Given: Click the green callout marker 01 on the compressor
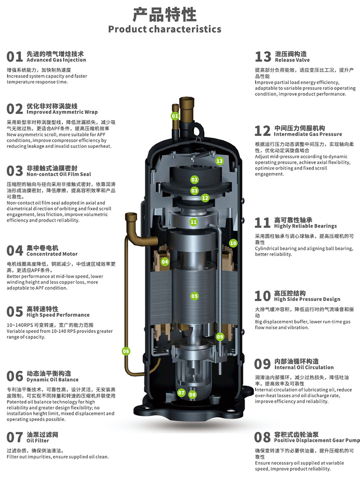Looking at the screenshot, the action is (x=175, y=116).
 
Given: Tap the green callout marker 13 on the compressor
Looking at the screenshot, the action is (x=219, y=161).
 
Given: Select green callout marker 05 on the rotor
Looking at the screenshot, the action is (x=194, y=296).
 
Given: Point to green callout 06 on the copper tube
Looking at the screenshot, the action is (x=126, y=351).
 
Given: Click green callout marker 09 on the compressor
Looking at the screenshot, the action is (x=220, y=337).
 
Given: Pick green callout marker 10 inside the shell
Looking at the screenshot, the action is (x=233, y=243).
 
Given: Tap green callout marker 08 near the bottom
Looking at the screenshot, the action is (x=192, y=395).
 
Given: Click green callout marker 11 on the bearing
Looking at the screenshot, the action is (x=193, y=222).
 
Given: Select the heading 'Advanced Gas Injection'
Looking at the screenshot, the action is (x=57, y=60).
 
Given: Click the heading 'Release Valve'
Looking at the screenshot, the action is (x=292, y=60).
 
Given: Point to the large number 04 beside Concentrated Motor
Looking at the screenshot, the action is (x=15, y=251).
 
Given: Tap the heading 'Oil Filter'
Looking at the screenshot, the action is (x=38, y=441).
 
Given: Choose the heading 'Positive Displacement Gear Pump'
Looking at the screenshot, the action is (x=317, y=441).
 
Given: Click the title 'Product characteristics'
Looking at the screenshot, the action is (x=165, y=29).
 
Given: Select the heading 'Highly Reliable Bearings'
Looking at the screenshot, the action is (x=305, y=226).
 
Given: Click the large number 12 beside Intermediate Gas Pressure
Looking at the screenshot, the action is (x=262, y=131).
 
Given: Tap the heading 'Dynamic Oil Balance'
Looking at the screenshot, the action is (x=52, y=380).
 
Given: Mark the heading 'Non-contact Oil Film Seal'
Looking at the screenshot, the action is (x=59, y=174).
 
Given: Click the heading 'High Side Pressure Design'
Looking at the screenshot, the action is (x=307, y=299).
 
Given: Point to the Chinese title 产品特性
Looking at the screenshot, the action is (x=165, y=14).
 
